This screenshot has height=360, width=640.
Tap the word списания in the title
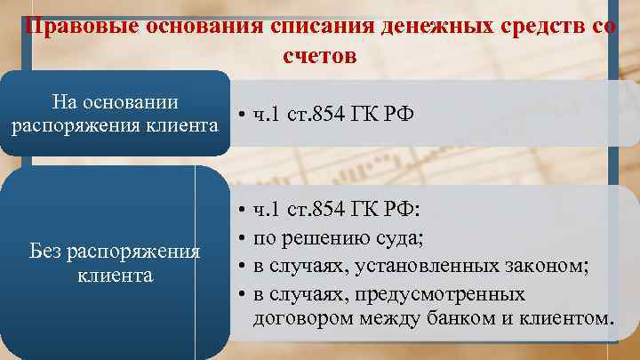point(321,25)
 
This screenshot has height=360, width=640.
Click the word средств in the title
point(534,25)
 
